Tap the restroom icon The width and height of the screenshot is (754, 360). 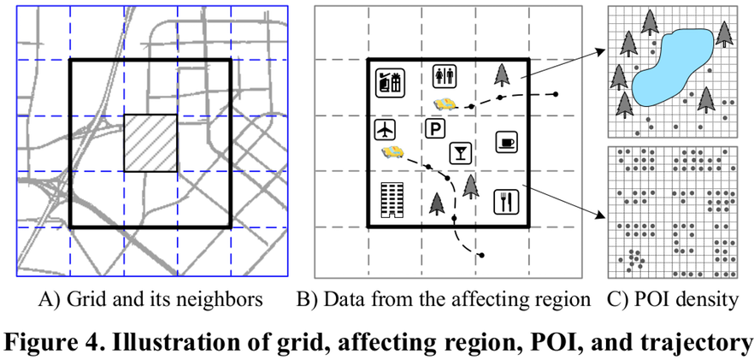coord(445,75)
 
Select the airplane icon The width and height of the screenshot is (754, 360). coord(386,130)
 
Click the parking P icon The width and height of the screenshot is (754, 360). coord(435,130)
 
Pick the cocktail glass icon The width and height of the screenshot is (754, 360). coord(461,153)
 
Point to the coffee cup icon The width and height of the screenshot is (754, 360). coord(506,141)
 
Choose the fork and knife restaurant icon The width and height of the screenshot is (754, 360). coord(505,201)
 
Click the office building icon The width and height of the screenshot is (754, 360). coord(391,199)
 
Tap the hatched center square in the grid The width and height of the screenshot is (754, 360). coord(150,142)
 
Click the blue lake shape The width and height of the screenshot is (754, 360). coord(672,68)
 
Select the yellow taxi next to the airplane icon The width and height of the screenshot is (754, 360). coord(392,152)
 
